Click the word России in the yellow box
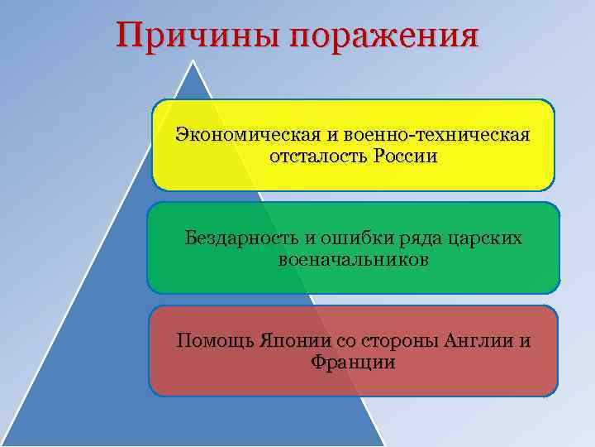(x=404, y=156)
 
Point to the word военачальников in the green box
(x=354, y=260)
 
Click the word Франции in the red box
(x=353, y=363)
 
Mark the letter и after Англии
(x=526, y=341)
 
